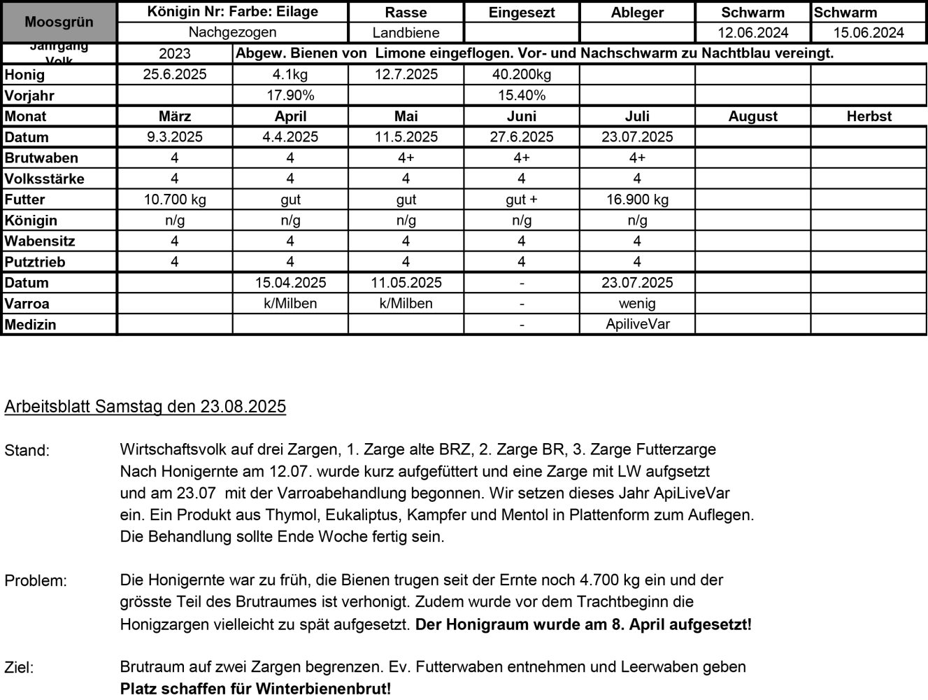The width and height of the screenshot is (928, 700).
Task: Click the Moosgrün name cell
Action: coord(59,22)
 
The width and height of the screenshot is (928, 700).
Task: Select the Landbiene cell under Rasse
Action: coord(406,33)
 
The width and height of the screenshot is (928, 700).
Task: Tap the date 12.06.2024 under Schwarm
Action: coord(752,33)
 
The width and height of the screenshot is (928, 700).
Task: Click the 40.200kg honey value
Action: coord(522,75)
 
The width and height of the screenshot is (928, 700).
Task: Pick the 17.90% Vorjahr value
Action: coord(290,96)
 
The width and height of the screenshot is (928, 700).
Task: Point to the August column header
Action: coord(752,117)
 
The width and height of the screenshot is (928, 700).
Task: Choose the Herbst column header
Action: coord(869,117)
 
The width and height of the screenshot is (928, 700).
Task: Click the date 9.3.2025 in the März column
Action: coord(175,137)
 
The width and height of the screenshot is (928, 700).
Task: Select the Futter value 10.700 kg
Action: coord(175,199)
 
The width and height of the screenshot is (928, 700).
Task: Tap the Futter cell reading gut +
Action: coord(522,199)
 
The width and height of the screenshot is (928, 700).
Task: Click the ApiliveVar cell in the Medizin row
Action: coord(637,324)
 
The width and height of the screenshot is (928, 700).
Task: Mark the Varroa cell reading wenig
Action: coord(637,304)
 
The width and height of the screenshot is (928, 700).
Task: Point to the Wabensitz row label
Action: coord(40,241)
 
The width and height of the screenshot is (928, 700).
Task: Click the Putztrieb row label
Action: coord(35,262)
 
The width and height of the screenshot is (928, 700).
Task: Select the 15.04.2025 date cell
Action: coord(290,283)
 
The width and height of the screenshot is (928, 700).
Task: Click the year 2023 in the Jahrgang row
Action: coord(175,54)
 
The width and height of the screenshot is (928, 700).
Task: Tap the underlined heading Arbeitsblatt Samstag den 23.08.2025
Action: coord(145,407)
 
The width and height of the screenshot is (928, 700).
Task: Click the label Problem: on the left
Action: coord(36,581)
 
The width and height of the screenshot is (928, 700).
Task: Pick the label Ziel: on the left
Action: coord(19,668)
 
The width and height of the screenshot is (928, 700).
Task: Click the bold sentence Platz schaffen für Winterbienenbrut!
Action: coord(256,689)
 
